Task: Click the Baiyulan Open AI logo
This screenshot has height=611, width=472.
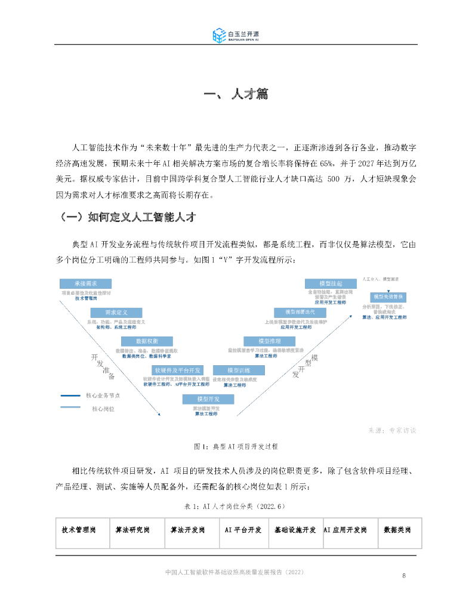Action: [x=236, y=35]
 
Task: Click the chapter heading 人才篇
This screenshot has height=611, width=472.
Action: [x=236, y=94]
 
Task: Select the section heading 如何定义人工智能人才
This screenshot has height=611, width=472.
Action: [x=134, y=217]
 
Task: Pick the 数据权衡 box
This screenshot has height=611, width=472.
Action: [x=138, y=341]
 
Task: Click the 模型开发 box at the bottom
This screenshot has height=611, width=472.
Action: [x=208, y=399]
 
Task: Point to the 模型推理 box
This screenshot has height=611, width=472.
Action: [x=267, y=341]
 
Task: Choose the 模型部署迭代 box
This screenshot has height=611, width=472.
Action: [x=300, y=312]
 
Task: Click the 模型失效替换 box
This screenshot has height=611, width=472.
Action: [x=388, y=297]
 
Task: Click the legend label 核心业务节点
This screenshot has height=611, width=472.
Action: [x=101, y=395]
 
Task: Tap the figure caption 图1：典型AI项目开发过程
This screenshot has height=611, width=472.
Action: [x=236, y=446]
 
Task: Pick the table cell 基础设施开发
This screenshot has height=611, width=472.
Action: [x=295, y=530]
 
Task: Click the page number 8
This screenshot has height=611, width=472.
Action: [x=404, y=576]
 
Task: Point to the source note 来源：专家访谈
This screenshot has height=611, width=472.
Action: [x=392, y=430]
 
